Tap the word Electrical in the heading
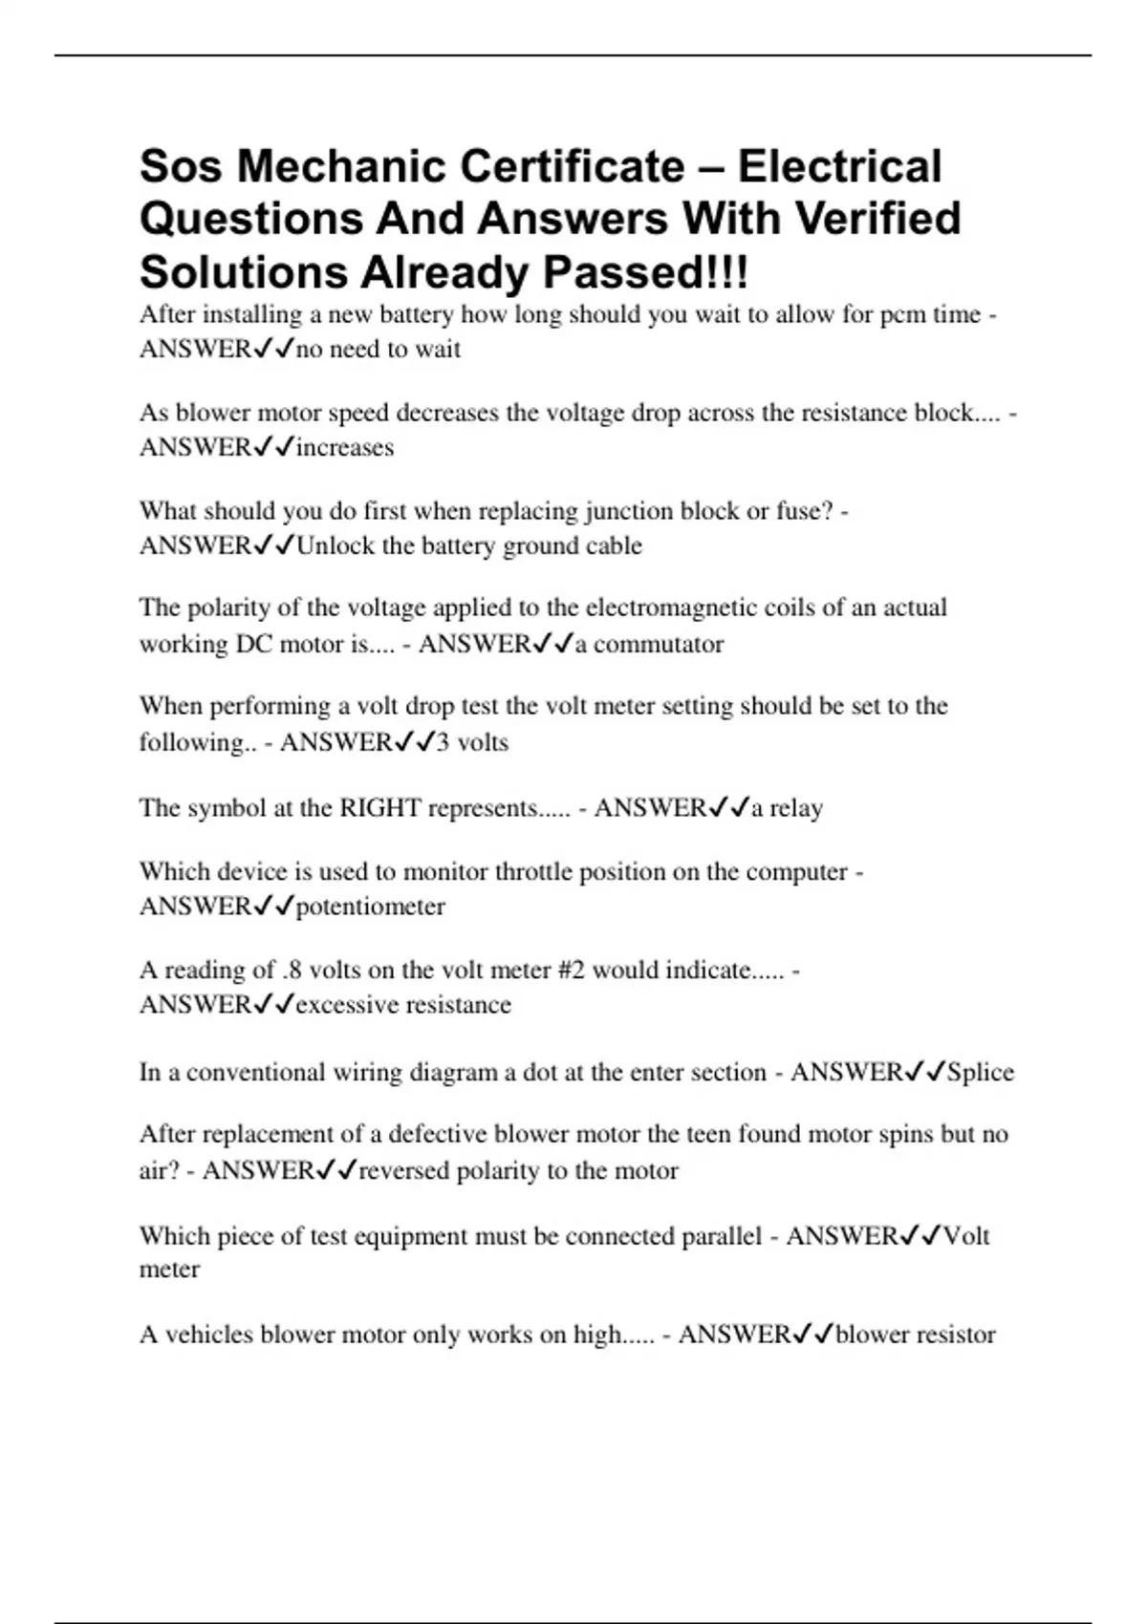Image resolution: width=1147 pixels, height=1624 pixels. tap(839, 166)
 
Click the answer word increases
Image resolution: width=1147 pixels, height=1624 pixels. tap(345, 447)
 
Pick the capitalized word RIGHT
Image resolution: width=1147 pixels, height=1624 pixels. tap(380, 808)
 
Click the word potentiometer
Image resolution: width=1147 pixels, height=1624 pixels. tap(371, 906)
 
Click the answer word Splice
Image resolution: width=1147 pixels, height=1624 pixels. tap(980, 1072)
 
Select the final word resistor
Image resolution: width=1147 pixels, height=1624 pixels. tap(956, 1335)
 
